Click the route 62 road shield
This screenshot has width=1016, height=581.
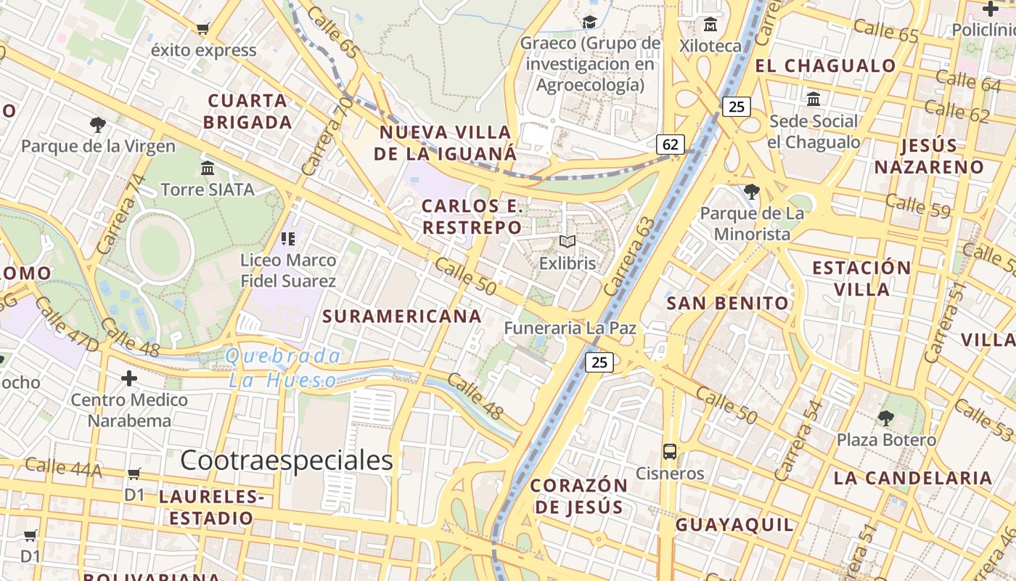(x=670, y=145)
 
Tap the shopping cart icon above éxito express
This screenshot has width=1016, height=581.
(x=203, y=29)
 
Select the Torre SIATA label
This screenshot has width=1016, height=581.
(x=208, y=190)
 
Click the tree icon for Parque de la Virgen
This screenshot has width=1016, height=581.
(x=97, y=125)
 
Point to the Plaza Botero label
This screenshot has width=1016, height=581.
(x=886, y=440)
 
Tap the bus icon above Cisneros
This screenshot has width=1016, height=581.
(x=669, y=451)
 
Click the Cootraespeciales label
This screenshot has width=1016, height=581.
(x=287, y=460)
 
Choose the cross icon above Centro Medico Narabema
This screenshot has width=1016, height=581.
(x=129, y=378)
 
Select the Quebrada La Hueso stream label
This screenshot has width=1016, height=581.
(x=283, y=368)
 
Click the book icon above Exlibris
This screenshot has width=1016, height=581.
(x=568, y=242)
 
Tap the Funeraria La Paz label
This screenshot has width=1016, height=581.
(x=570, y=328)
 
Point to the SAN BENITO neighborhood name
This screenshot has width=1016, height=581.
(x=727, y=304)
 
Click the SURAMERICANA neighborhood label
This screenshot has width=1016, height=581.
(x=402, y=316)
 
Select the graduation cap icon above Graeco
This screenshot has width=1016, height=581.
(x=589, y=23)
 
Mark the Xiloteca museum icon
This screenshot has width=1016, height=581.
(x=710, y=25)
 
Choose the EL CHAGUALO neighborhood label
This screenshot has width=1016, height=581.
(x=825, y=66)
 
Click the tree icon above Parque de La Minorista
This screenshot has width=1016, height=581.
(x=752, y=192)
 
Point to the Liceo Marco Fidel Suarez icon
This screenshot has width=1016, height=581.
(x=287, y=238)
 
